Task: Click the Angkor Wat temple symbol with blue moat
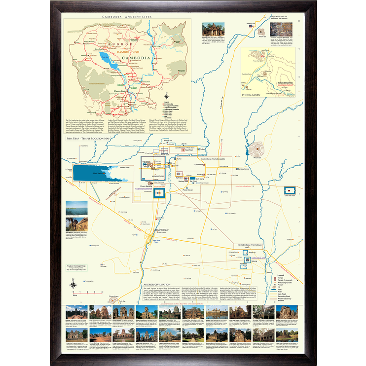coord(159,194)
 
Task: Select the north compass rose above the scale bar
coord(73,284)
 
